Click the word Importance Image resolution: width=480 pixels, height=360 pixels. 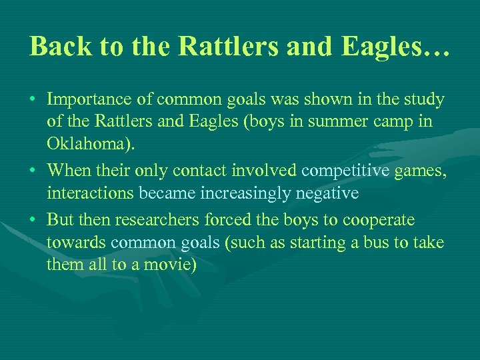89,100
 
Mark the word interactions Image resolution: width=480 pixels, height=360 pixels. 90,193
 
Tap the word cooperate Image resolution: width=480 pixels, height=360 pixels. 380,219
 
